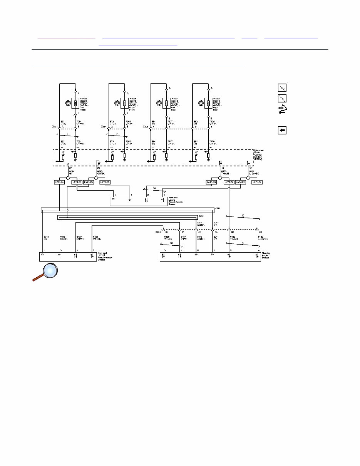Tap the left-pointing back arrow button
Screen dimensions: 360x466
click(282, 130)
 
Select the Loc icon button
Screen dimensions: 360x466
click(282, 87)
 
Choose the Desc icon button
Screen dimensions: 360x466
click(282, 98)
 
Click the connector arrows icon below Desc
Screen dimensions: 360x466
click(282, 110)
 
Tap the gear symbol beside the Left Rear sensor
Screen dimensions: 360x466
click(159, 103)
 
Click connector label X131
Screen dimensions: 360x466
click(54, 126)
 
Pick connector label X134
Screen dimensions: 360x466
click(104, 126)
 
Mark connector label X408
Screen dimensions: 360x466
click(146, 126)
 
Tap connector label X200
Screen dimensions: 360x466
click(157, 232)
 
